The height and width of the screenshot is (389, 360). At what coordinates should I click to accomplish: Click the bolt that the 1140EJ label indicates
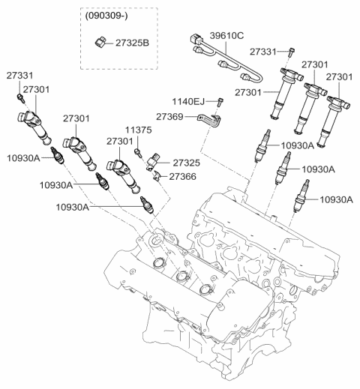(220, 101)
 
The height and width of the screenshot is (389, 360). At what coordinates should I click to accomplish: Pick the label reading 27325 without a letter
(187, 162)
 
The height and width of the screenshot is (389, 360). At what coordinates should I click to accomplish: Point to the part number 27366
(182, 176)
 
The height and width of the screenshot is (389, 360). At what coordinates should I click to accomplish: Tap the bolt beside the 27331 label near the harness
(289, 51)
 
